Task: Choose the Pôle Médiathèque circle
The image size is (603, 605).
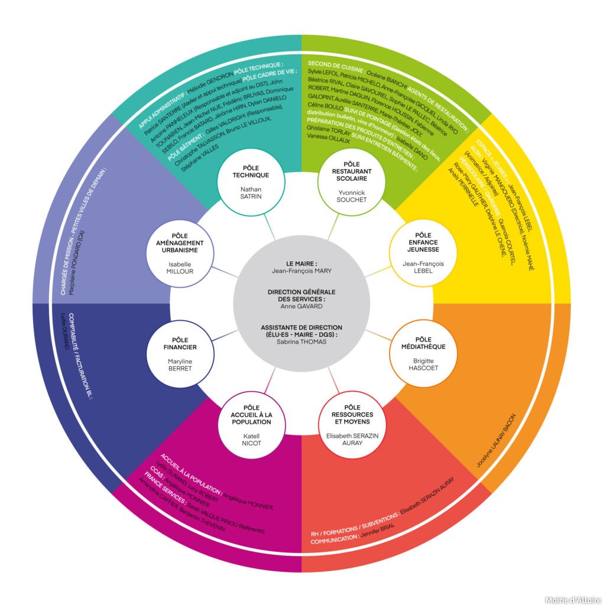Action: [x=423, y=353]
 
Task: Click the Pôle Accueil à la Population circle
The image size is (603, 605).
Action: [x=251, y=425]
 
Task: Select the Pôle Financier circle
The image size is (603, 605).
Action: [x=180, y=353]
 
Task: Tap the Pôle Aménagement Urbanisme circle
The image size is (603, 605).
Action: [x=180, y=253]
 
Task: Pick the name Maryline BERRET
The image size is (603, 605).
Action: [x=180, y=365]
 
